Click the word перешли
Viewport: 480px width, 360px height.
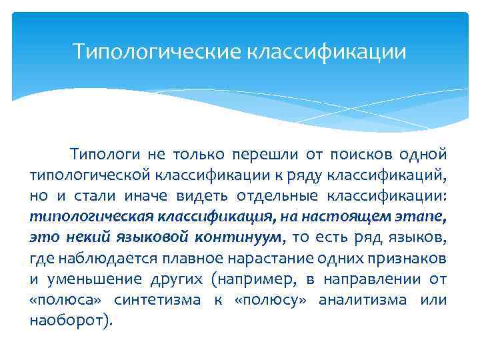[x=265, y=155]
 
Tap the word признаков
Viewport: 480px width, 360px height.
[x=407, y=258]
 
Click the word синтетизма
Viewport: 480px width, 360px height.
[x=157, y=299]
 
